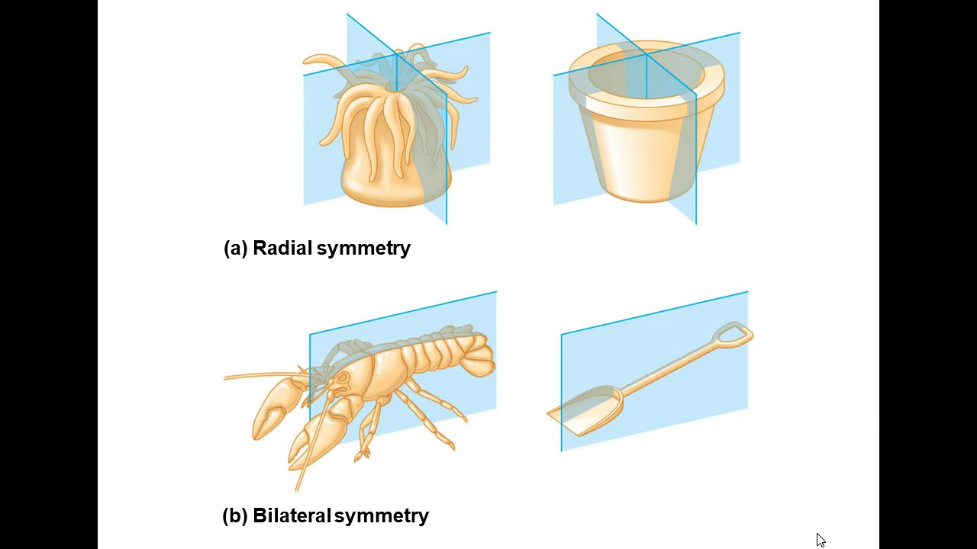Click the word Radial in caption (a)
pos(282,248)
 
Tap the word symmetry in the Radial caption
pos(363,249)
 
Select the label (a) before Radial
pos(236,249)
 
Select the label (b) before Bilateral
pos(235,516)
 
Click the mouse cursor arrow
pos(821,541)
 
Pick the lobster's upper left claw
pos(274,407)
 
